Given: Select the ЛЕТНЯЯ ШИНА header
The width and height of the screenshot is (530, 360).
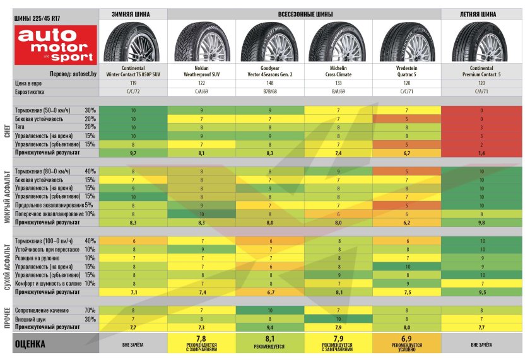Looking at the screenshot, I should click(x=481, y=13).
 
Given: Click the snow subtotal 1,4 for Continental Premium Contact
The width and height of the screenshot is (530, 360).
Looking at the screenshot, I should click(x=481, y=153).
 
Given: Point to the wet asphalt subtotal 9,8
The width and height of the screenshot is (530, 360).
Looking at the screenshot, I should click(x=481, y=223).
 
